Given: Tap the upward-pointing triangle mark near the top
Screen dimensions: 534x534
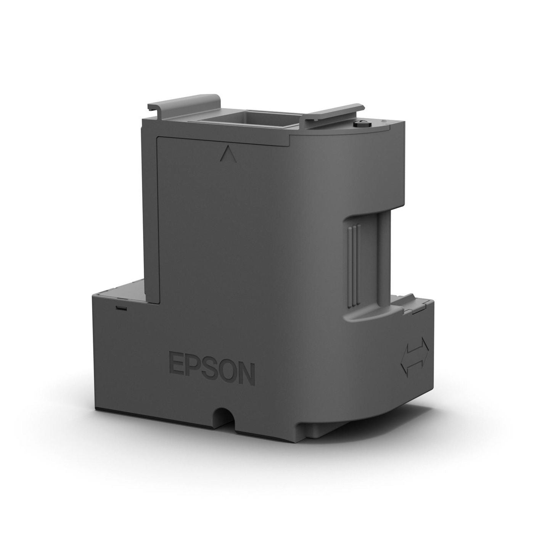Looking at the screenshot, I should (227, 155).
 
